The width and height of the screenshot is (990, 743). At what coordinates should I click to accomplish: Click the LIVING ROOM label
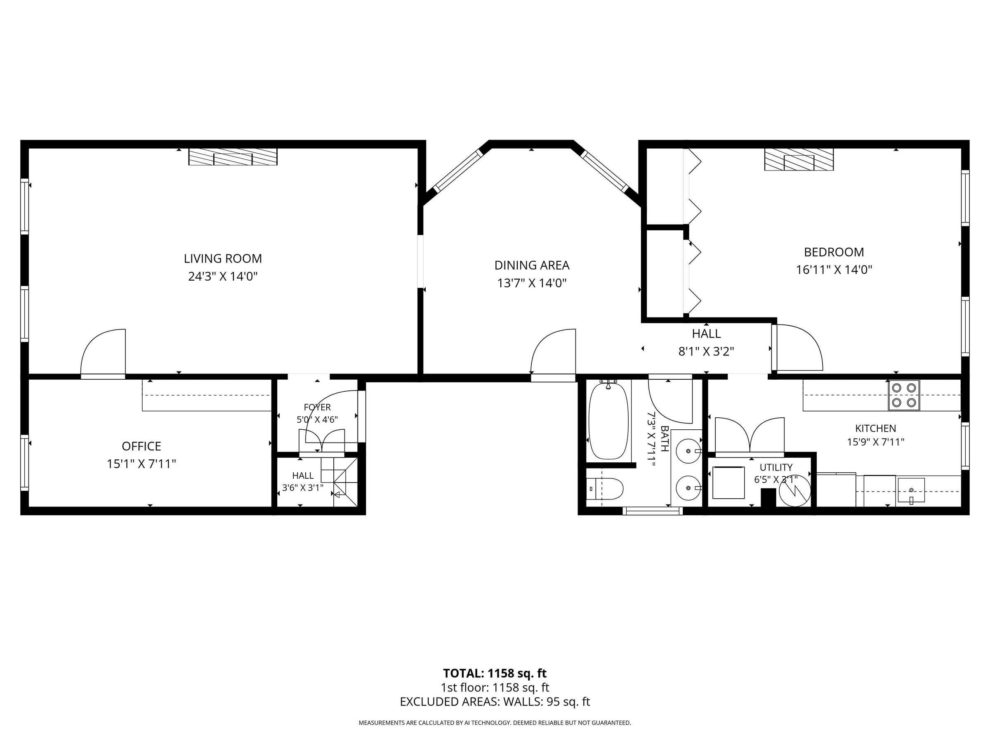pyautogui.click(x=223, y=258)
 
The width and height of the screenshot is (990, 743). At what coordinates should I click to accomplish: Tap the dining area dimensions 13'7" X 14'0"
pyautogui.click(x=532, y=283)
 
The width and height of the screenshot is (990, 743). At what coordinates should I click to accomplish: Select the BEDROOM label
pyautogui.click(x=834, y=252)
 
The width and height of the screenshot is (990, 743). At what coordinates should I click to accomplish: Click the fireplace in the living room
pyautogui.click(x=233, y=157)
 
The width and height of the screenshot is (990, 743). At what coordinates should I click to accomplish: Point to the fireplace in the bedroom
pyautogui.click(x=799, y=159)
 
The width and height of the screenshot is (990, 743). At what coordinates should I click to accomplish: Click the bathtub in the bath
pyautogui.click(x=608, y=421)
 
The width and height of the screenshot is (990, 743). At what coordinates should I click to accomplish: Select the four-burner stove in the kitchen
pyautogui.click(x=904, y=395)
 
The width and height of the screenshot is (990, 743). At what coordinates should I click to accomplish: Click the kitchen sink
pyautogui.click(x=911, y=490)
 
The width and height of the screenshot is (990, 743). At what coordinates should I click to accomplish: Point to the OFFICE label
pyautogui.click(x=141, y=446)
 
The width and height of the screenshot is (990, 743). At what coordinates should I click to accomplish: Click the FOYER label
pyautogui.click(x=317, y=407)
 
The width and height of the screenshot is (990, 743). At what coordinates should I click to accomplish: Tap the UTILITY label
pyautogui.click(x=776, y=468)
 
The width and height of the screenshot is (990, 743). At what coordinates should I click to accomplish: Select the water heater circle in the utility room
pyautogui.click(x=795, y=490)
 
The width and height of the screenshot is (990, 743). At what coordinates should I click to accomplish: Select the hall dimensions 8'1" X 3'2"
pyautogui.click(x=706, y=351)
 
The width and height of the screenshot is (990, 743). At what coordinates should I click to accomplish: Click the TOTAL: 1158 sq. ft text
pyautogui.click(x=495, y=673)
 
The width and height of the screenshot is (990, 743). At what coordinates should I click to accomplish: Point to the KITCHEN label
pyautogui.click(x=875, y=428)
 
